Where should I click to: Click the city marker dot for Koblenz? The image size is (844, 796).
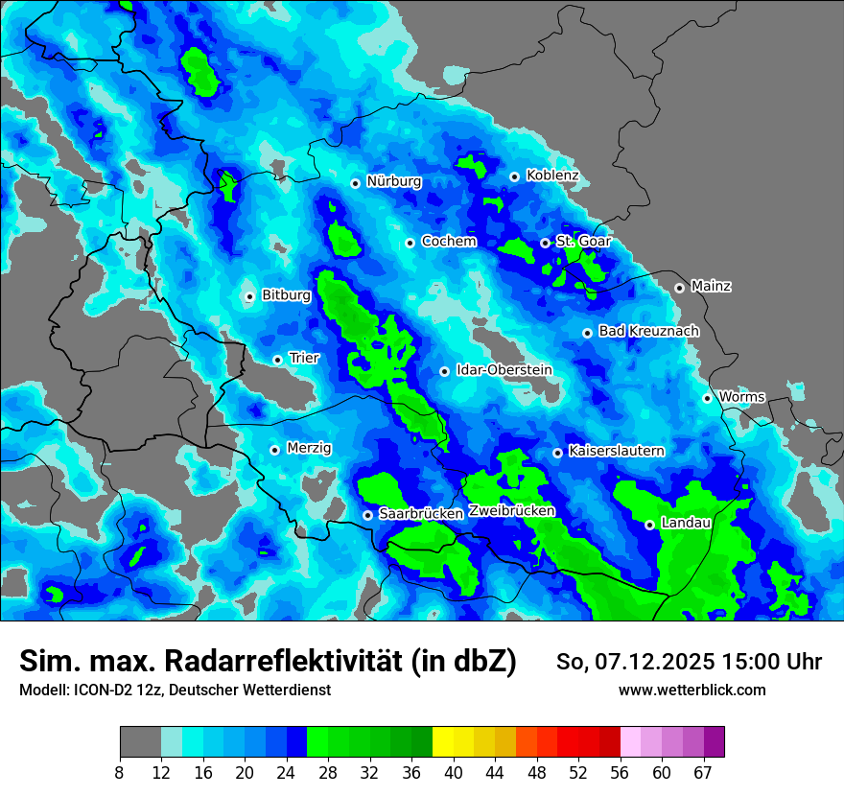(515, 176)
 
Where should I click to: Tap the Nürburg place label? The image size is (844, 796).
(393, 181)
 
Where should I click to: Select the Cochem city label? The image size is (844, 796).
(449, 241)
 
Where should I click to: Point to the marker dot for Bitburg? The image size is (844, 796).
(249, 296)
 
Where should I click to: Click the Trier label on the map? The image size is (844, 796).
(304, 358)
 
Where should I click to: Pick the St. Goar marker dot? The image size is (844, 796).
(545, 243)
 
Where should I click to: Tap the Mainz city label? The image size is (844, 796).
(711, 286)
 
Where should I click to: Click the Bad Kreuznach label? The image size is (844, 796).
(648, 331)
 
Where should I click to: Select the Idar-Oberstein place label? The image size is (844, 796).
(504, 369)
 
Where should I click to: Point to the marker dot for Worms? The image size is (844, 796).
(707, 398)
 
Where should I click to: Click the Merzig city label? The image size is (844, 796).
(309, 448)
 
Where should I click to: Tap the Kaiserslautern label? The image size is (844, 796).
(616, 450)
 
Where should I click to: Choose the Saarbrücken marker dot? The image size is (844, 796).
(367, 515)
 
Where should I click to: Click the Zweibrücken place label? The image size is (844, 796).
(511, 511)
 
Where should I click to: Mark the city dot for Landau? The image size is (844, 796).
(649, 525)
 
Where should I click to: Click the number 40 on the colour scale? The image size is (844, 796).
(454, 772)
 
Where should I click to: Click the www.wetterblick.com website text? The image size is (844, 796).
(692, 690)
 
